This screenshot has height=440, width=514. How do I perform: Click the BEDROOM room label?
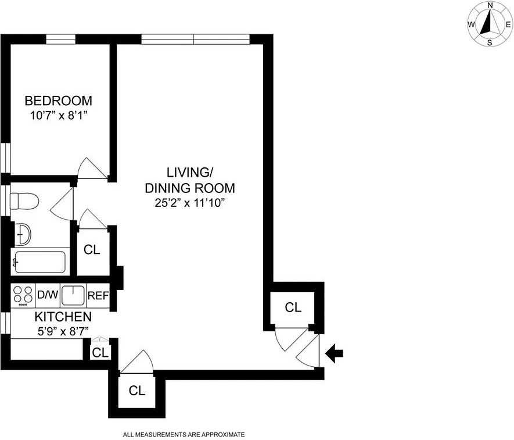57,100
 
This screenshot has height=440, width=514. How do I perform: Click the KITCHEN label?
63,317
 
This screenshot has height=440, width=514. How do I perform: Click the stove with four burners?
23,295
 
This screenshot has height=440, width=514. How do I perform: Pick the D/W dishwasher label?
48,295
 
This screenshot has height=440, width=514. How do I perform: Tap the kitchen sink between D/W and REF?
73,295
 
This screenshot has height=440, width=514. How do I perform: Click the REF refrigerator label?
98,295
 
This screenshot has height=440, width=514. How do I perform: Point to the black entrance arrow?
335,352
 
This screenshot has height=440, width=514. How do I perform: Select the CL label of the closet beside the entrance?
293,307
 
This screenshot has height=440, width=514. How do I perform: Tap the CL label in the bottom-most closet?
136,391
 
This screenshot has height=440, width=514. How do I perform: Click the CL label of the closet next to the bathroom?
92,250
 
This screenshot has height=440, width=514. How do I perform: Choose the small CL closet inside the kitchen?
100,352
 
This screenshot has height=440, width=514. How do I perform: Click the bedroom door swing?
92,169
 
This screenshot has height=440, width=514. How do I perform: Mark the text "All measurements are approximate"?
184,434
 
